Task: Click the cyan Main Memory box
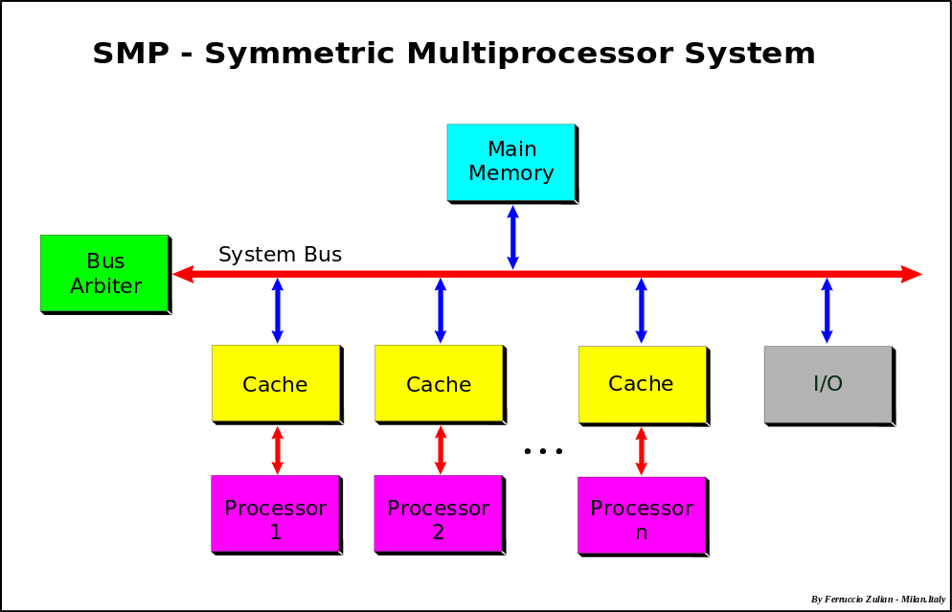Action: tap(510, 162)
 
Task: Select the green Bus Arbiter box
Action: tap(103, 273)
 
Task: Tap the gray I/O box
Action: tap(827, 384)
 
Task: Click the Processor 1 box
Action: tap(275, 513)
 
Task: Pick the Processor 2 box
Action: tap(438, 513)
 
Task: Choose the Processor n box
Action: tap(641, 515)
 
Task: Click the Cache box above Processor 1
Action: tap(275, 383)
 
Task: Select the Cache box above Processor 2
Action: tap(438, 383)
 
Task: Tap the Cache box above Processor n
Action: tap(642, 384)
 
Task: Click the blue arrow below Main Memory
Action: tap(512, 237)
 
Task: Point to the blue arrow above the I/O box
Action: tap(827, 310)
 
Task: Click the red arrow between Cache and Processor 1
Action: tap(278, 449)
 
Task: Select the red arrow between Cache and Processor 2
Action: tap(441, 449)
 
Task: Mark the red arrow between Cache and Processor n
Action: tap(642, 450)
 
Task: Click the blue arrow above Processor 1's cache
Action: tap(278, 310)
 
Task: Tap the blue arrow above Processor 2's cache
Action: tap(441, 310)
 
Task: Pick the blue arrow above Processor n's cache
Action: tap(642, 310)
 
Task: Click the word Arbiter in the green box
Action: tap(105, 286)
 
